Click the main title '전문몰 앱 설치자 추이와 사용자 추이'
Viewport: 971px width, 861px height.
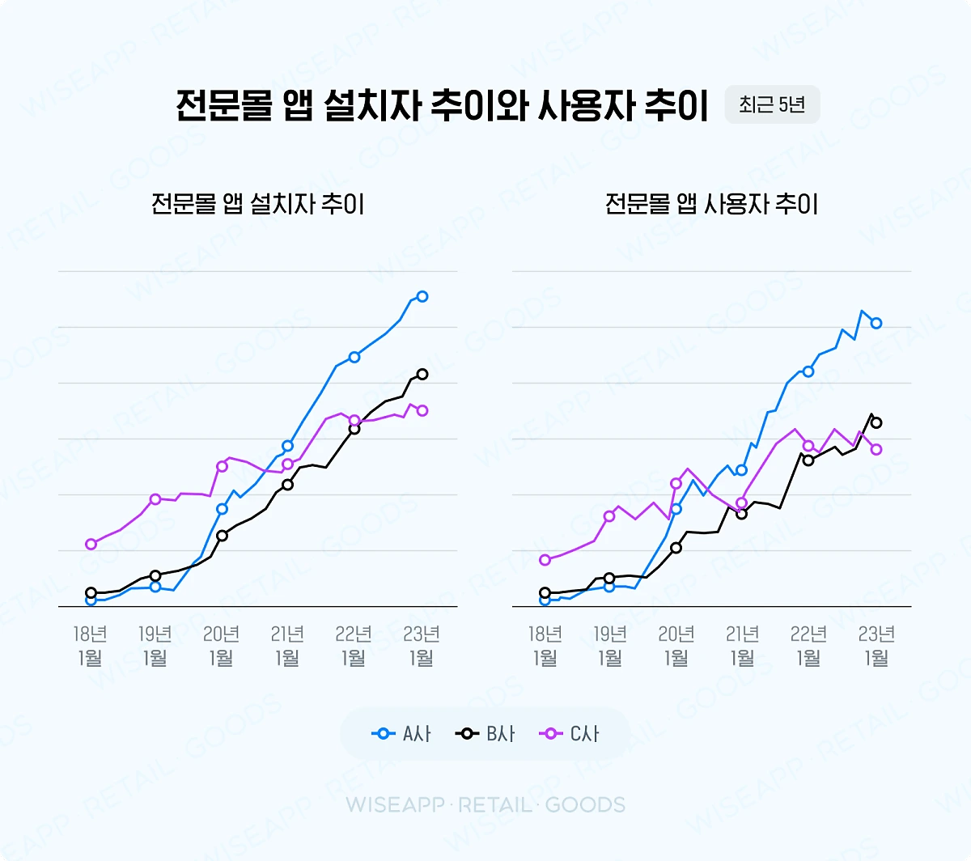point(442,106)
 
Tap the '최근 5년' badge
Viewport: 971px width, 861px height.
point(772,105)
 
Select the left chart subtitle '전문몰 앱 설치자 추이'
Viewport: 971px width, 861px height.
point(257,203)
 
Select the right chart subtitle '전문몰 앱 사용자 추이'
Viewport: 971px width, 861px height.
point(711,203)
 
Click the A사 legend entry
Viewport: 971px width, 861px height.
point(402,734)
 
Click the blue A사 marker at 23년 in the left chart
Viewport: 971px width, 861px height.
point(422,297)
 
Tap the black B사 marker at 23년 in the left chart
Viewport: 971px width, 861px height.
point(422,374)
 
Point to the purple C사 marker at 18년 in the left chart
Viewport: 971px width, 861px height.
point(91,544)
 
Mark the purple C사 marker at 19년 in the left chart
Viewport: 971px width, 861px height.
point(155,498)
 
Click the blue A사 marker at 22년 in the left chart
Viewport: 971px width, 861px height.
point(354,357)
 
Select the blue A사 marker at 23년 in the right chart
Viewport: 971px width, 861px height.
point(876,323)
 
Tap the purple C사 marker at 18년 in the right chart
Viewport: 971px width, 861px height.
point(545,560)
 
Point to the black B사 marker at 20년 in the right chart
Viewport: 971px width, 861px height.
point(676,548)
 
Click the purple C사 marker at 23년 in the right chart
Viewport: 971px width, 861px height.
point(876,450)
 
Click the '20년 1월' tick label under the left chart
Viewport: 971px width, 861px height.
point(221,645)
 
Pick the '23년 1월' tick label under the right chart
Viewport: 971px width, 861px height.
point(876,645)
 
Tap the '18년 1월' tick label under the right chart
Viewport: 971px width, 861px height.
point(545,645)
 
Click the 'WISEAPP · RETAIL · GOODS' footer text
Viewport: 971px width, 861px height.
point(485,804)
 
